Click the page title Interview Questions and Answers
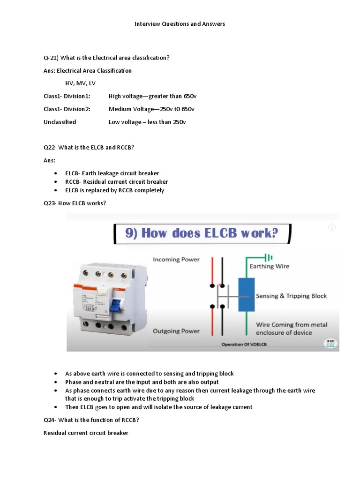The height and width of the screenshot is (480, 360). coord(180,24)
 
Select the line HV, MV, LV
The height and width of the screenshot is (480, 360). coord(80,83)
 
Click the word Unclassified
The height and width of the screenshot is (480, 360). coord(60,122)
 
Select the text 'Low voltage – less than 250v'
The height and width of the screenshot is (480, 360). coord(147,122)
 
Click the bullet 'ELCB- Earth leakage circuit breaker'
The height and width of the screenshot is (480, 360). coord(112,173)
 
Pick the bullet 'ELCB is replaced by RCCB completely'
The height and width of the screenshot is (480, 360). coord(114,190)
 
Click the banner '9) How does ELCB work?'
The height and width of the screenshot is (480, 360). coord(202,233)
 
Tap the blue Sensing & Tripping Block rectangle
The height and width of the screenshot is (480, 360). coord(247,294)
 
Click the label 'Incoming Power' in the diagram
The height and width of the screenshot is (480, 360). coord(176,260)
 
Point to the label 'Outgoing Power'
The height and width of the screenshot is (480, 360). coord(176,331)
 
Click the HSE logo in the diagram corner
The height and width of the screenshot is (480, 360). coord(330,343)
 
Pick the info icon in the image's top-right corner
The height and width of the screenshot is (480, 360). coord(332,227)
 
